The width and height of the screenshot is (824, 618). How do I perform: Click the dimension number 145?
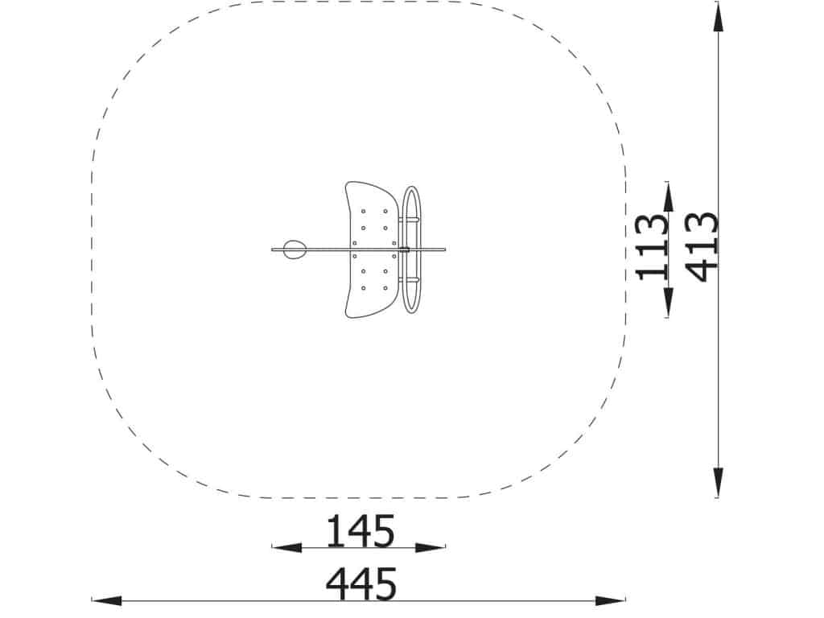(x=360, y=531)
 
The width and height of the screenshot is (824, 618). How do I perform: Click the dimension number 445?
(x=361, y=583)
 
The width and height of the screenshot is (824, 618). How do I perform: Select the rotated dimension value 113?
(x=652, y=247)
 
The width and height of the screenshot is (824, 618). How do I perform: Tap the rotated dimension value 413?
(x=702, y=247)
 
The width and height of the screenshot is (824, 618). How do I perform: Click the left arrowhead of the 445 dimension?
(x=107, y=600)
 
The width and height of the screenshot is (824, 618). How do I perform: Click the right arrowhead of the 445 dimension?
(x=610, y=600)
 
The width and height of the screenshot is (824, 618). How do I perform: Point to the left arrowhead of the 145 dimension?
(x=286, y=547)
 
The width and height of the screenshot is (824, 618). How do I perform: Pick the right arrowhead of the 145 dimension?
(x=431, y=547)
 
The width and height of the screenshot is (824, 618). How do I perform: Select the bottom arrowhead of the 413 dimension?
(x=718, y=482)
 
